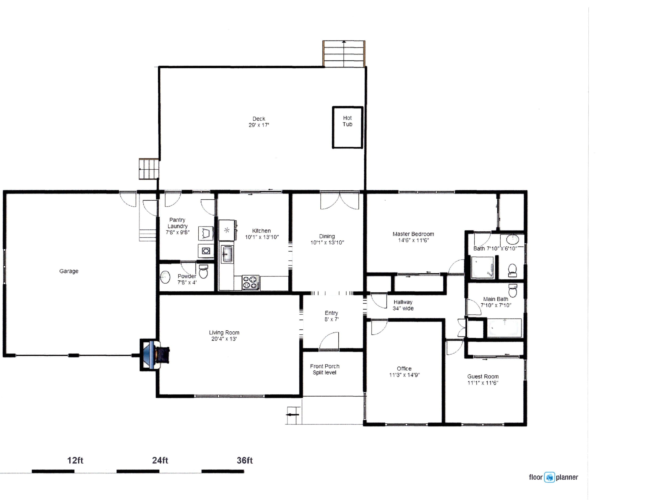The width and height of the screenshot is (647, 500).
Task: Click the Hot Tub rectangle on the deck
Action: click(x=347, y=127)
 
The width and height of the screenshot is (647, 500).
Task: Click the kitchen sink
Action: click(x=227, y=254)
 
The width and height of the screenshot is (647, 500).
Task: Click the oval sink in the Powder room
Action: click(x=165, y=277)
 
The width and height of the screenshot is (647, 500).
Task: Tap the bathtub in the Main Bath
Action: click(x=504, y=328)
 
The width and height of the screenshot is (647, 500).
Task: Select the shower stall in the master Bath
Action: click(x=483, y=267)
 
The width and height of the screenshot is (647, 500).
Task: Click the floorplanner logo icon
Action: click(x=549, y=477)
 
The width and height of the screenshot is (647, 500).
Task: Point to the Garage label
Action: click(x=69, y=271)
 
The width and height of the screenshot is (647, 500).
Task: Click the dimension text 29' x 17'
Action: click(x=259, y=125)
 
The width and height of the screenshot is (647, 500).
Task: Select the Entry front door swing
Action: click(x=329, y=341)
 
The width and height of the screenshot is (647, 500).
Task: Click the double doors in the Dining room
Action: click(x=340, y=201)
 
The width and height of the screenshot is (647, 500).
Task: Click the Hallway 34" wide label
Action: click(x=403, y=305)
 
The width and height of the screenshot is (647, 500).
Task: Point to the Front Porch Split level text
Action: click(x=325, y=369)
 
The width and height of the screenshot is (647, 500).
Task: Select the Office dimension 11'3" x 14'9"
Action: click(x=404, y=375)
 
